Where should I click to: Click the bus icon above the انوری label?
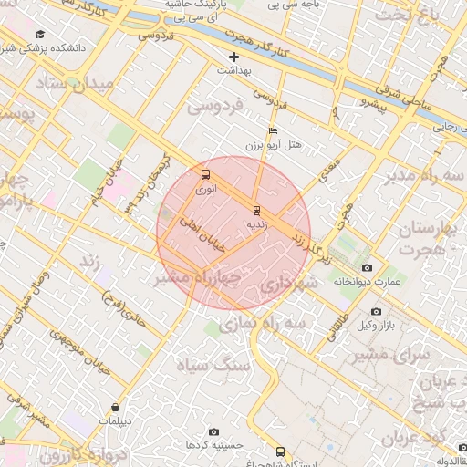205,175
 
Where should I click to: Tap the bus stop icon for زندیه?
257,209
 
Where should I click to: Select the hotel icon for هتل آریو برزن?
272,130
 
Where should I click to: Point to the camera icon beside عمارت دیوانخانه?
367,267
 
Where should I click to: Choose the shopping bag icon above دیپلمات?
115,408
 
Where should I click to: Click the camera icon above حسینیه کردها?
213,431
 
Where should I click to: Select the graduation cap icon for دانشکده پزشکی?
40,34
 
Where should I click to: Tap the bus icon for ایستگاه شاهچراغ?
280,451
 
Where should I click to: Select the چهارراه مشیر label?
198,276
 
